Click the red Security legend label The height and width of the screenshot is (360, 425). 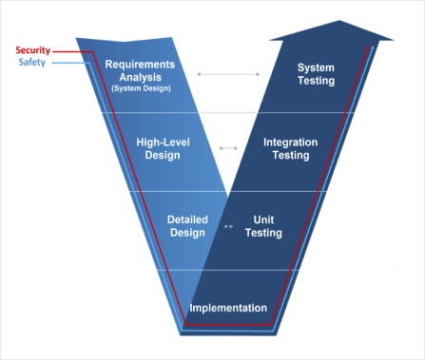[32, 49]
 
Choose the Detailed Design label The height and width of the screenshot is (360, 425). [187, 226]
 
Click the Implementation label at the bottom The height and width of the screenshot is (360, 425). [228, 308]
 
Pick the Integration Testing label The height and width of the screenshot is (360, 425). [290, 148]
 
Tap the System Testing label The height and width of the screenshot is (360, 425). [316, 74]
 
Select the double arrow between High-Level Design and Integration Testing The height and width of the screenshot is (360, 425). [228, 148]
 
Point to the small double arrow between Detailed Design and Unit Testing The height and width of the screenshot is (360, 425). [227, 226]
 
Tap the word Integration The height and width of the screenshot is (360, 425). [290, 142]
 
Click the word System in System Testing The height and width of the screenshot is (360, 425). [316, 67]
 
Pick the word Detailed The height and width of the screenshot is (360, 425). [187, 219]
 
